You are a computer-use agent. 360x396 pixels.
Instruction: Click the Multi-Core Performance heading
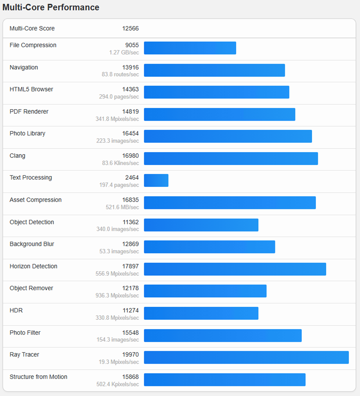pyautogui.click(x=51, y=7)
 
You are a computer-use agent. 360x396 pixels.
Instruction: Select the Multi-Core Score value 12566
pyautogui.click(x=131, y=28)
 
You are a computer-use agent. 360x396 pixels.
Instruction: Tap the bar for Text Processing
pyautogui.click(x=156, y=180)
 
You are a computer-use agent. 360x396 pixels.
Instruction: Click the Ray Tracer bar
pyautogui.click(x=246, y=357)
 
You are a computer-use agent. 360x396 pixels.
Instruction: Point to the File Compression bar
pyautogui.click(x=190, y=48)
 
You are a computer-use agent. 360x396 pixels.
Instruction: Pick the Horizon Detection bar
pyautogui.click(x=235, y=269)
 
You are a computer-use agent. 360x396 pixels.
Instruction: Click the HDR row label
pyautogui.click(x=16, y=310)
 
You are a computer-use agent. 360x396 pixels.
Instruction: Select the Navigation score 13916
pyautogui.click(x=131, y=67)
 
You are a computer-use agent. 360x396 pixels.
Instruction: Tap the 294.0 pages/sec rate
pyautogui.click(x=119, y=97)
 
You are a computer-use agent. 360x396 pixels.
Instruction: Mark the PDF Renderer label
pyautogui.click(x=29, y=111)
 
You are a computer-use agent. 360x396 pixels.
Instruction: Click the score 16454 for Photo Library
pyautogui.click(x=131, y=134)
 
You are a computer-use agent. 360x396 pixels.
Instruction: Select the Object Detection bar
pyautogui.click(x=201, y=225)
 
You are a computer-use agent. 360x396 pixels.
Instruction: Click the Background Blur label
pyautogui.click(x=32, y=244)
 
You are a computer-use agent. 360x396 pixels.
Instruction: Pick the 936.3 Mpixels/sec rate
pyautogui.click(x=117, y=296)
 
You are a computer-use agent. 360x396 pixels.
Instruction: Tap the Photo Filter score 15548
pyautogui.click(x=131, y=333)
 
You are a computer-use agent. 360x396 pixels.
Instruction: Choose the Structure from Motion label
pyautogui.click(x=38, y=377)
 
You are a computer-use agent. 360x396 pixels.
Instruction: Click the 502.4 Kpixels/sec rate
pyautogui.click(x=118, y=384)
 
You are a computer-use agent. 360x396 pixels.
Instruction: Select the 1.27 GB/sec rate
pyautogui.click(x=124, y=52)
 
